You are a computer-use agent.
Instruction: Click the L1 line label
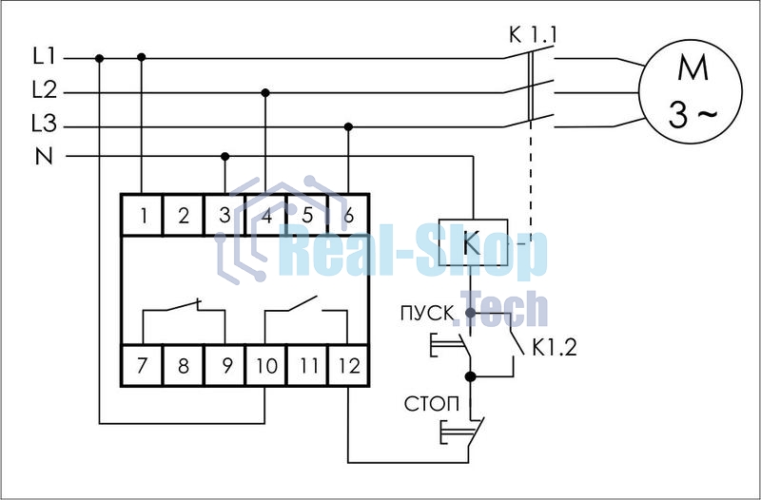pos(45,57)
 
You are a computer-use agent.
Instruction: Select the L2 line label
pos(45,91)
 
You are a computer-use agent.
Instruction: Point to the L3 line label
pos(45,125)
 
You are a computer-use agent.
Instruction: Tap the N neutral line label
pos(45,157)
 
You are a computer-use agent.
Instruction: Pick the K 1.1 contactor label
pos(533,36)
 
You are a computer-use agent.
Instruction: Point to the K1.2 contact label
pos(555,349)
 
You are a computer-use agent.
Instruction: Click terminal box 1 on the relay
pos(142,215)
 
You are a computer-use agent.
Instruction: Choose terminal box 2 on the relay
pos(184,215)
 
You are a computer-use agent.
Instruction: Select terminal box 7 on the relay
pos(142,366)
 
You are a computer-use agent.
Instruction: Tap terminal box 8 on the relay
pos(184,366)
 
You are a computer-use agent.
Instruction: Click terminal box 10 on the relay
pos(265,366)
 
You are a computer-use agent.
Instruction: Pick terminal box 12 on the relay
pos(348,366)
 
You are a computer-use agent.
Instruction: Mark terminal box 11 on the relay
pos(307,366)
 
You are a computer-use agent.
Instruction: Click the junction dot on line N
pos(224,156)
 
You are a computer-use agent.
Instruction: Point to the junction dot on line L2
pos(265,92)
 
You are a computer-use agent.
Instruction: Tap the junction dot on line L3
pos(348,125)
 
